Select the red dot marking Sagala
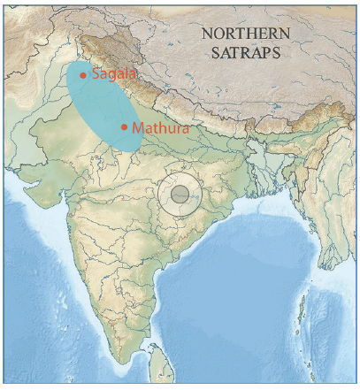point(83,75)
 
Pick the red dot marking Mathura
point(124,126)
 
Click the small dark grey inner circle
point(180,194)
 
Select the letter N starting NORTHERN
point(207,34)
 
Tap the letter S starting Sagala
point(95,76)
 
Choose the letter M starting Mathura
point(137,127)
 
